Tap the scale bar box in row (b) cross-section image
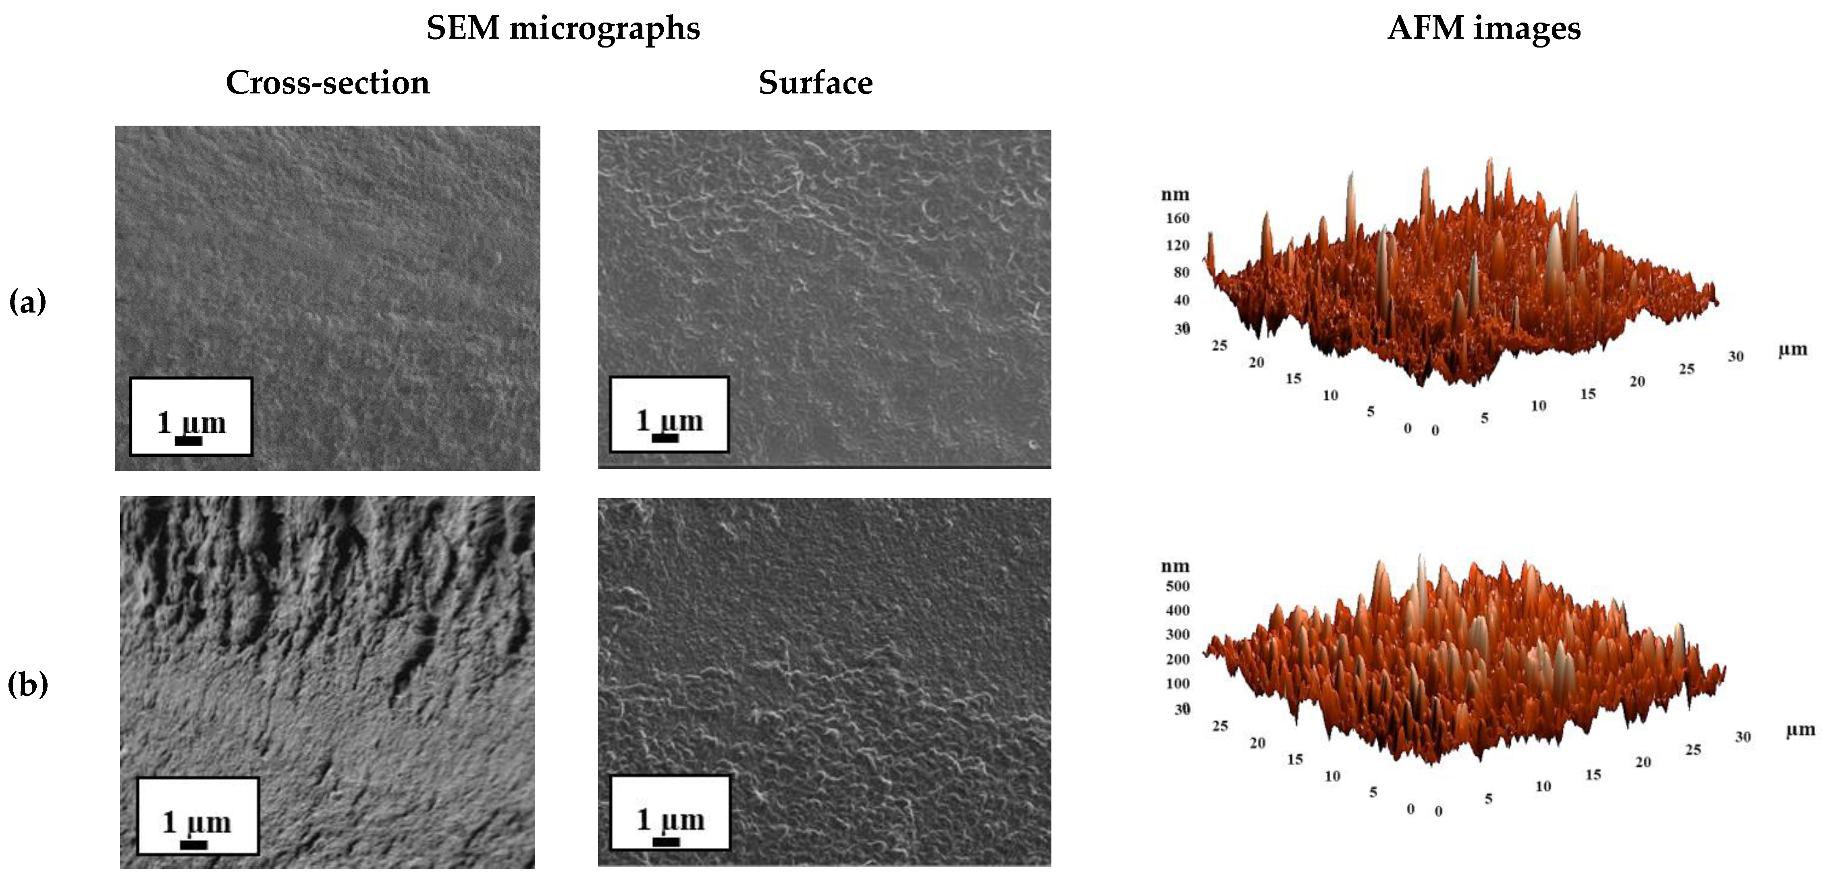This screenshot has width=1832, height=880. [x=198, y=815]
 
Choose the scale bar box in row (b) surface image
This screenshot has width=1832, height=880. [x=670, y=812]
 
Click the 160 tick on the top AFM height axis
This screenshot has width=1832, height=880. [x=1177, y=218]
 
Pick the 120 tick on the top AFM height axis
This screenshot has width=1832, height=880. [x=1177, y=245]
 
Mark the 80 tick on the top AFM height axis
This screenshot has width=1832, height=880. [x=1180, y=272]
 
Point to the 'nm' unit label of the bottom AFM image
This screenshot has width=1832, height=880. [x=1175, y=567]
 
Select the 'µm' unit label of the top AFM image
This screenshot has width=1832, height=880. [x=1792, y=349]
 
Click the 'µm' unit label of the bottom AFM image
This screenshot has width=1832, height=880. [x=1800, y=729]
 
